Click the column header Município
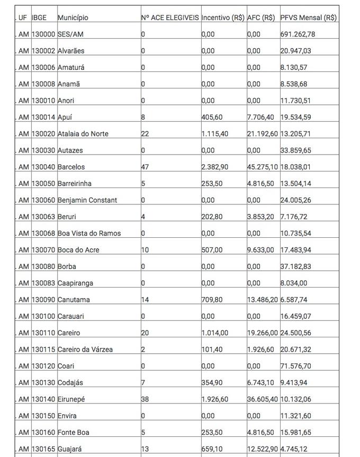(x=73, y=17)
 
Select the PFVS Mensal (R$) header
(x=308, y=17)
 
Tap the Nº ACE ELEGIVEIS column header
(x=170, y=17)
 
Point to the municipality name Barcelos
(x=71, y=167)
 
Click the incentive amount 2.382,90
(x=215, y=167)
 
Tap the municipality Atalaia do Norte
(x=83, y=133)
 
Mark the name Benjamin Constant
(x=87, y=200)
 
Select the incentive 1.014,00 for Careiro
(x=215, y=333)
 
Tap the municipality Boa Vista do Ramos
(x=89, y=233)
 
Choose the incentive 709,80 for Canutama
(x=212, y=300)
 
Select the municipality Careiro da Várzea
(x=85, y=350)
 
